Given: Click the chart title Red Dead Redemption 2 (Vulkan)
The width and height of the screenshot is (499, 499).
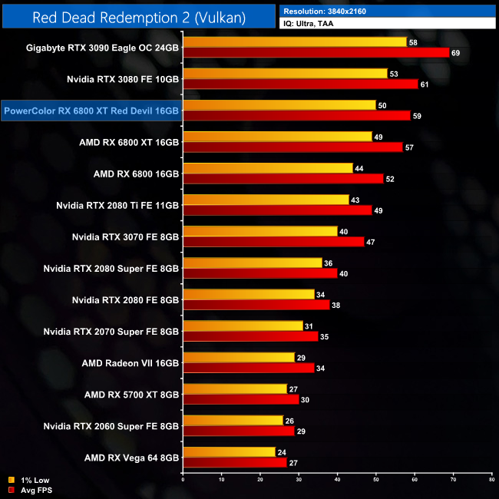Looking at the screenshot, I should [x=138, y=16].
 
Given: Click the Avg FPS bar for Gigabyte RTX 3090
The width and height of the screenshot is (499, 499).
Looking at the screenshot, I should [x=316, y=52].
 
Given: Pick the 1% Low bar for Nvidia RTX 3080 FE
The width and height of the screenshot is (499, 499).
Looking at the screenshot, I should [x=285, y=74].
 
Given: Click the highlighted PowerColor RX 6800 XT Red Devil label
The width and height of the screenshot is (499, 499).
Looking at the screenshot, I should [x=91, y=111].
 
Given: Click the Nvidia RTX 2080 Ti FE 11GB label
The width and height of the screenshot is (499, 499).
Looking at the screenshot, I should [x=117, y=205].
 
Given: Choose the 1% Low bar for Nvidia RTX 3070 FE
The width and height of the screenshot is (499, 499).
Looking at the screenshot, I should [x=259, y=231].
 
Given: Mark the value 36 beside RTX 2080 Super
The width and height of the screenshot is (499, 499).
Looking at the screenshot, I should [x=329, y=263].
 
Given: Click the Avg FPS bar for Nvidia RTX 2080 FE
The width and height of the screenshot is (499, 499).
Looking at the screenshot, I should [x=256, y=305].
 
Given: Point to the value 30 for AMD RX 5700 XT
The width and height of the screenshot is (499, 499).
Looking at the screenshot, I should [x=306, y=399].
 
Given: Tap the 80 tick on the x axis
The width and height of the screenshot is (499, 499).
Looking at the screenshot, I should [x=491, y=480].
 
